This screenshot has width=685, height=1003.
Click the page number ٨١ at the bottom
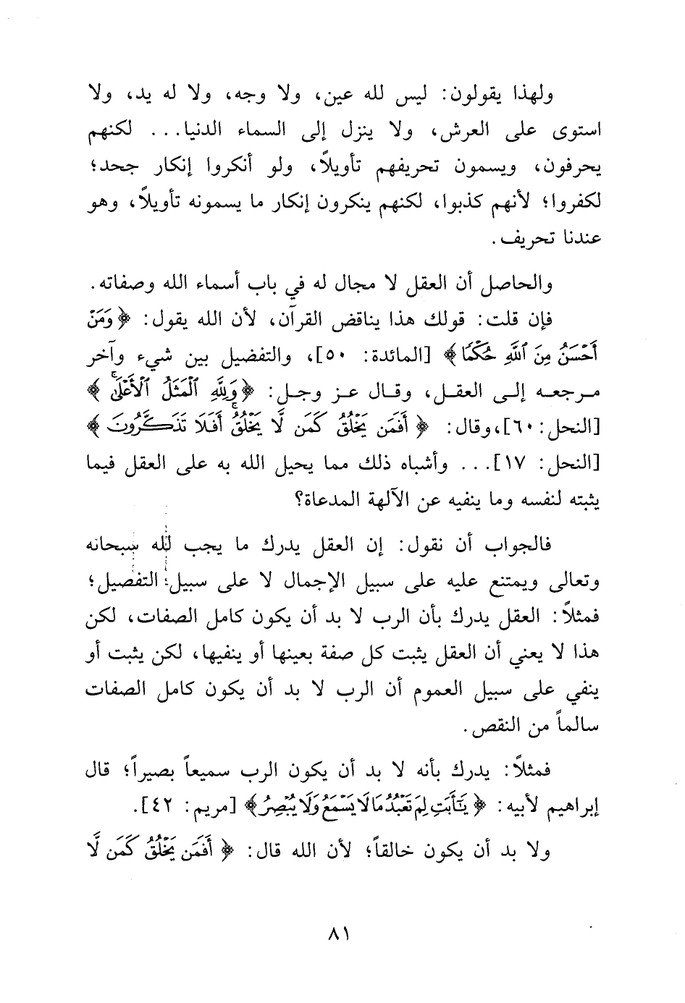pyautogui.click(x=340, y=934)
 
